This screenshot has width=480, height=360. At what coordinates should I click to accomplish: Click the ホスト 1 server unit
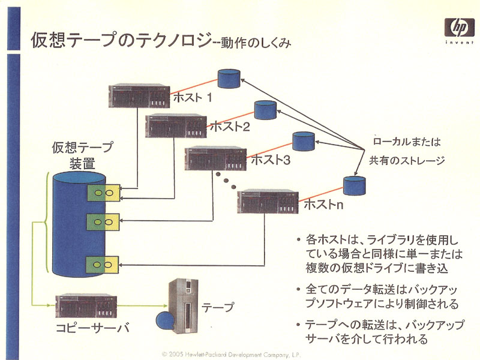coord(139,96)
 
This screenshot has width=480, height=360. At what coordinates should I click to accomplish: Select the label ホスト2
coord(230,126)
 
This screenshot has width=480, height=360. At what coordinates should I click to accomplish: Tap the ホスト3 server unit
coord(215,158)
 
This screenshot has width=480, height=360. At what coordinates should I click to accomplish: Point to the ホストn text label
coord(323,204)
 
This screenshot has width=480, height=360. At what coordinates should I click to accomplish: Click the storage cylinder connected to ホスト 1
coord(229,79)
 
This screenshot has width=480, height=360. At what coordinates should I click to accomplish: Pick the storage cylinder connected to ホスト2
coord(265,110)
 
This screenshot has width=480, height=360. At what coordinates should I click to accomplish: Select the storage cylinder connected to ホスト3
coord(304,141)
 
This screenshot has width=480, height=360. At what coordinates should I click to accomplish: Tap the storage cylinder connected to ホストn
coord(354,185)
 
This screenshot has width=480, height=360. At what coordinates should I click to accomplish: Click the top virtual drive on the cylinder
coord(103,193)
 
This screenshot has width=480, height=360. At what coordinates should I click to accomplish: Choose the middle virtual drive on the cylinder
coord(103,222)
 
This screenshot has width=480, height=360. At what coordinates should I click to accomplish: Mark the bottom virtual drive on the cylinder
coord(102,265)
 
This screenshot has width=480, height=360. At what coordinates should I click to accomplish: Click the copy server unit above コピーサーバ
coord(86,307)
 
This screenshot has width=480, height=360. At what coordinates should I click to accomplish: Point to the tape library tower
coord(183,306)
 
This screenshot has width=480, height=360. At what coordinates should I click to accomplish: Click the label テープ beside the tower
coord(218,307)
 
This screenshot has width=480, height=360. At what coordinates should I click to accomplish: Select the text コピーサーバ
coord(92,328)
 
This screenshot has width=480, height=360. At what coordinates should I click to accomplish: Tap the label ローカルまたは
coord(407,142)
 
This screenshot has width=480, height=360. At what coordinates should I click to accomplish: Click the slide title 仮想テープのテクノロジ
coord(122,40)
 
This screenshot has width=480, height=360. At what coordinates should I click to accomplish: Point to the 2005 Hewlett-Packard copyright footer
coord(231,355)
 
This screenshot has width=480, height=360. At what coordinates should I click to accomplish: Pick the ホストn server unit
coord(268,202)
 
